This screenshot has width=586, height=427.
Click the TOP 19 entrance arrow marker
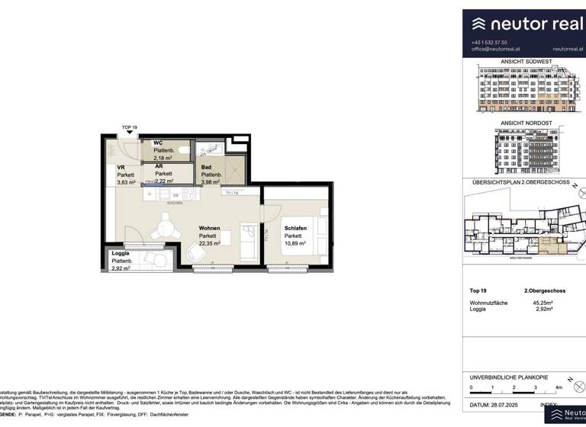point(130,135)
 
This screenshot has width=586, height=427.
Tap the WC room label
point(158,143)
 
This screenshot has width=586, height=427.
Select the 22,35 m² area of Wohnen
point(210,244)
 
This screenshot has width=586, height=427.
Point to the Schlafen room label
point(296,228)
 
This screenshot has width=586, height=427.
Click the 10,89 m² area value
point(295,244)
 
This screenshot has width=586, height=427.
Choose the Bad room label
point(206,167)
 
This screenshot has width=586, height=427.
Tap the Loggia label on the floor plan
point(121,253)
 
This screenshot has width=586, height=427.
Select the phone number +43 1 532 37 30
point(490,42)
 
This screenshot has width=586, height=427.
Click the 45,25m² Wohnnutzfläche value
point(543,303)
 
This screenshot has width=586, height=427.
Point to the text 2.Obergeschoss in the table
point(543,291)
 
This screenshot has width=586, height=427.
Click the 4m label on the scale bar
point(559,388)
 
